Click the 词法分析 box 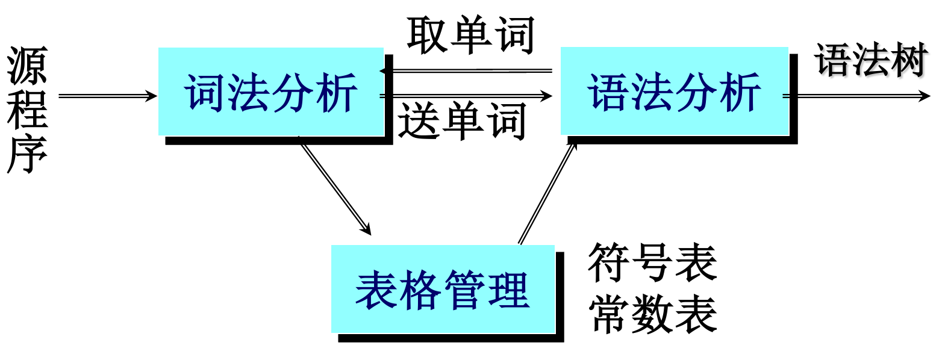(270, 92)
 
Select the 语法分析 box (674, 91)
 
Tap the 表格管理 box (443, 289)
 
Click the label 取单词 (470, 35)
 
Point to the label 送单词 (462, 121)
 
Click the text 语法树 (871, 60)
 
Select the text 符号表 (652, 262)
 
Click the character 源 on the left (27, 66)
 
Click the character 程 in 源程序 (27, 110)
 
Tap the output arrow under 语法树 (855, 96)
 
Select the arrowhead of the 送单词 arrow (546, 96)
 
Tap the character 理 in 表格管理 (509, 290)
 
